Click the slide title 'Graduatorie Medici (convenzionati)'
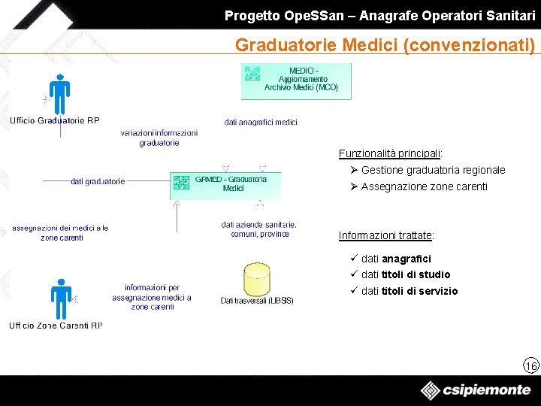click(x=385, y=45)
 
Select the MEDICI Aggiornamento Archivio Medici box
click(x=296, y=81)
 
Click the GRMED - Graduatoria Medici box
click(x=225, y=184)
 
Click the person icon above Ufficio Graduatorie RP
click(x=59, y=95)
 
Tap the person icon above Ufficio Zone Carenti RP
click(x=59, y=298)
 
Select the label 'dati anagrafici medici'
click(x=261, y=122)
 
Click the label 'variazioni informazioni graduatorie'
click(x=159, y=138)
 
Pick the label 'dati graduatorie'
click(x=98, y=181)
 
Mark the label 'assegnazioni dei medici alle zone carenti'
click(x=61, y=232)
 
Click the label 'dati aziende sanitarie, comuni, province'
click(x=259, y=229)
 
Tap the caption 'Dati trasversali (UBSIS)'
click(x=257, y=301)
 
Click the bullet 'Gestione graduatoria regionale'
click(x=433, y=170)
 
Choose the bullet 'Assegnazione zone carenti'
click(x=424, y=186)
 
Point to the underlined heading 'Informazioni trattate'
click(x=386, y=235)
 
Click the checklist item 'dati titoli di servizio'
click(x=409, y=291)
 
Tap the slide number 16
click(x=531, y=365)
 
